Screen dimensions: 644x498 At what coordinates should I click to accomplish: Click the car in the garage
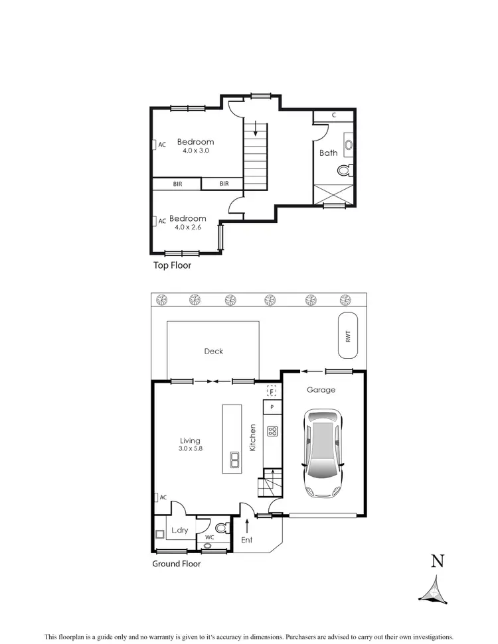click(323, 453)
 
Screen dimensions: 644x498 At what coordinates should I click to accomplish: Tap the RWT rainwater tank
click(347, 336)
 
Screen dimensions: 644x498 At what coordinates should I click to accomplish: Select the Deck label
click(214, 351)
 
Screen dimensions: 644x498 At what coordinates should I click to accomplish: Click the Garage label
click(321, 390)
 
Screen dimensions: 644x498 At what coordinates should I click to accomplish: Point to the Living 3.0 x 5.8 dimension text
click(190, 449)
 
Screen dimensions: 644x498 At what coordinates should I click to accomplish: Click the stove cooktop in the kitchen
click(272, 431)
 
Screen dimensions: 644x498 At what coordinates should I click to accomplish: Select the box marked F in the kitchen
click(271, 391)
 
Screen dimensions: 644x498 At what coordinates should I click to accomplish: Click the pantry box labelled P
click(272, 407)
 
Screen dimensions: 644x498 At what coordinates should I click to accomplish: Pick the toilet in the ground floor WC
click(222, 529)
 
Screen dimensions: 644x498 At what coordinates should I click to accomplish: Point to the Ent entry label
click(246, 540)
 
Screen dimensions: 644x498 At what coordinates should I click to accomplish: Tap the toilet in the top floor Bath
click(344, 170)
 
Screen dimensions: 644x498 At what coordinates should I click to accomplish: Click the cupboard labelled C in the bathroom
click(333, 115)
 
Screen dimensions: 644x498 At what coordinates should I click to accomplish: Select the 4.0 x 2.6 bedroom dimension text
click(187, 227)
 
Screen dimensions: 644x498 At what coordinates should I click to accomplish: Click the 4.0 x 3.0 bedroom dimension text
click(196, 151)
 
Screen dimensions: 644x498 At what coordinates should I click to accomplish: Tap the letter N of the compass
click(437, 562)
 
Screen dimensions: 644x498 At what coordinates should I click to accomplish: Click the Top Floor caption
click(172, 265)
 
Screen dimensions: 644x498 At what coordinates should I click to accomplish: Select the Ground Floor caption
click(176, 564)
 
